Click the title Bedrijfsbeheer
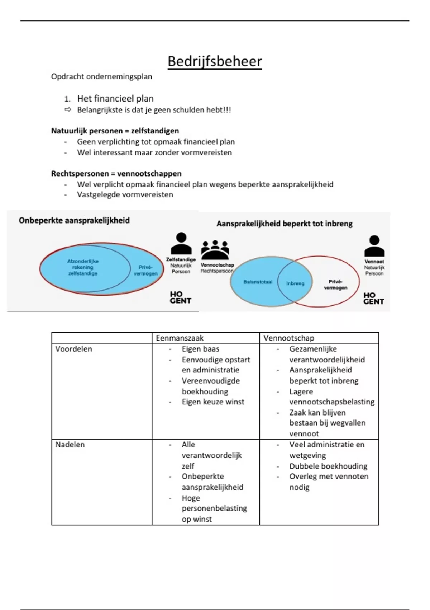pyautogui.click(x=215, y=61)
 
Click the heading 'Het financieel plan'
pyautogui.click(x=115, y=99)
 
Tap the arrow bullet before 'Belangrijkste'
pyautogui.click(x=68, y=110)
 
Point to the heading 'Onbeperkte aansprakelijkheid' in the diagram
pyautogui.click(x=74, y=220)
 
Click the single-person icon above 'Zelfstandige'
pyautogui.click(x=181, y=244)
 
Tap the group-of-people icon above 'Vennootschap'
pyautogui.click(x=215, y=250)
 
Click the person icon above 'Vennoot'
pyautogui.click(x=374, y=246)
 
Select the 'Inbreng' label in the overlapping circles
pyautogui.click(x=295, y=283)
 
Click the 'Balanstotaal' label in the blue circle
pyautogui.click(x=258, y=282)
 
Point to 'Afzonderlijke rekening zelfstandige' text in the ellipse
pyautogui.click(x=83, y=267)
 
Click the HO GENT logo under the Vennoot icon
pyautogui.click(x=373, y=299)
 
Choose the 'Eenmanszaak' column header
pyautogui.click(x=180, y=338)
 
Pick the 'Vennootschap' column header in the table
pyautogui.click(x=289, y=338)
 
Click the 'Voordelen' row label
pyautogui.click(x=73, y=349)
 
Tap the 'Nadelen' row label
pyautogui.click(x=70, y=445)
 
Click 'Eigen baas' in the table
pyautogui.click(x=200, y=349)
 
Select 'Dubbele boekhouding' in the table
pyautogui.click(x=328, y=466)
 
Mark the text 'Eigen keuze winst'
pyautogui.click(x=213, y=402)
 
